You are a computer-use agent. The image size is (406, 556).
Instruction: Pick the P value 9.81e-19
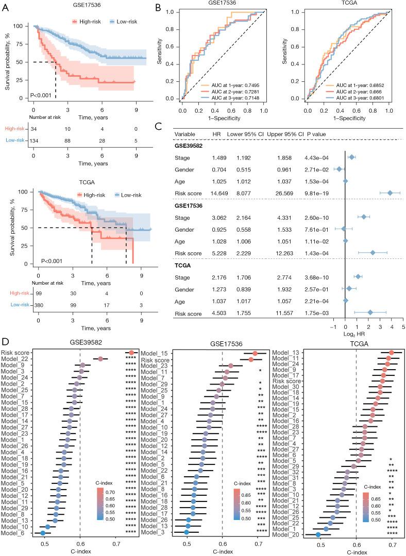point(317,193)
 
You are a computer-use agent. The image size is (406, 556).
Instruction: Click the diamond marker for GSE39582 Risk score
point(390,193)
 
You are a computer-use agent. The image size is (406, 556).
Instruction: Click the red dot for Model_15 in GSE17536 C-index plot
point(255,353)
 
